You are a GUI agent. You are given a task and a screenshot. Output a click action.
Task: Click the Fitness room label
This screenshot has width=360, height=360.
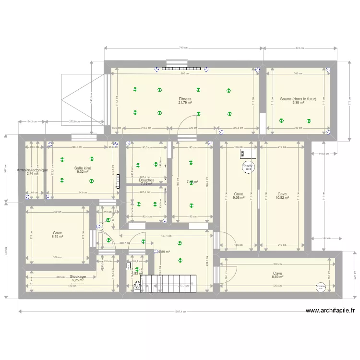click(185, 99)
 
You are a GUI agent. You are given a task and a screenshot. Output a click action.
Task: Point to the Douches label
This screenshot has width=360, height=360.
click(146, 180)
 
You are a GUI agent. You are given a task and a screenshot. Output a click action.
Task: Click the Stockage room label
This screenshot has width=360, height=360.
click(78, 276)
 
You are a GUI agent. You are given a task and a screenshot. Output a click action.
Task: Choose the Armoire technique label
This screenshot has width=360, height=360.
click(32, 170)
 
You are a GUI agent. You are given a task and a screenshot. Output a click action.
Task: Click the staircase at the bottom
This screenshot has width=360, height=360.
click(172, 283)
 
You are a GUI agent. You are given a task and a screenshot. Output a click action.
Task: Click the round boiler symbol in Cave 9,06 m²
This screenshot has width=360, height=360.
click(248, 167)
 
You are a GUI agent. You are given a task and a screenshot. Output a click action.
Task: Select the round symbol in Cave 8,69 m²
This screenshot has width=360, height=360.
click(321, 287)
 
